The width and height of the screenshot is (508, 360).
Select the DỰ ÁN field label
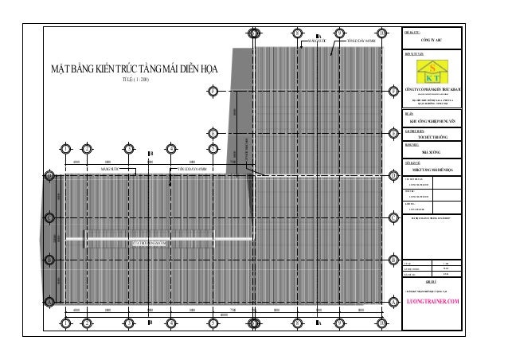[409, 115]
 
